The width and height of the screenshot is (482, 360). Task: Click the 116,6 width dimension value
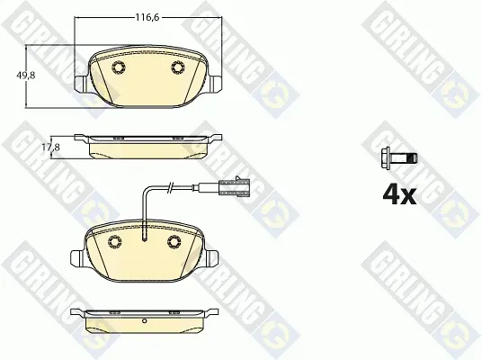[147, 17]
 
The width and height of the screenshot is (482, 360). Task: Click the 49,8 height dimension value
[26, 75]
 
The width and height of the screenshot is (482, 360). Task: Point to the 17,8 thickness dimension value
[50, 148]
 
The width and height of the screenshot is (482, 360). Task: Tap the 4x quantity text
[399, 195]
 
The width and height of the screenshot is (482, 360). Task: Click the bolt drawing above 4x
[399, 158]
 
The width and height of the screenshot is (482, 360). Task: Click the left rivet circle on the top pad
[119, 67]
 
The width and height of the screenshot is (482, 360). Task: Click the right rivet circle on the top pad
[178, 67]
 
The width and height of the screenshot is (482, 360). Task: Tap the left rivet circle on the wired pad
[115, 241]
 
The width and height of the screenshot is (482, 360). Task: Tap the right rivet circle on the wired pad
[174, 241]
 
